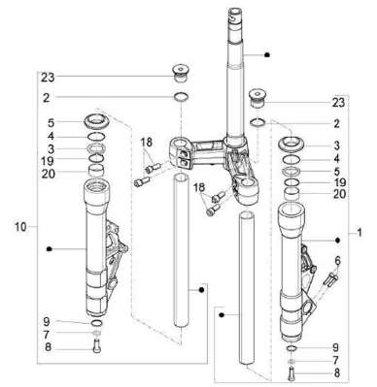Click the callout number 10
(20, 227)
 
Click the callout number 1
(359, 233)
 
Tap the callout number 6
(338, 261)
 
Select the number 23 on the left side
(48, 78)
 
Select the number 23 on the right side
(338, 103)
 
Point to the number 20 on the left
(49, 174)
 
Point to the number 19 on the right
(339, 182)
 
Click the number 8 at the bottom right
(337, 372)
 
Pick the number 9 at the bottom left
(47, 321)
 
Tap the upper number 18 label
(147, 143)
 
